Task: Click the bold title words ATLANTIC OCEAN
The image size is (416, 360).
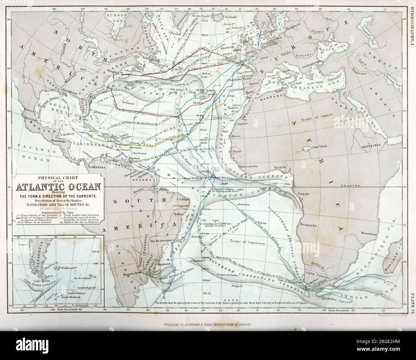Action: (x=57, y=187)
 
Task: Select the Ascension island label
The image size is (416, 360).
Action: (x=243, y=204)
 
